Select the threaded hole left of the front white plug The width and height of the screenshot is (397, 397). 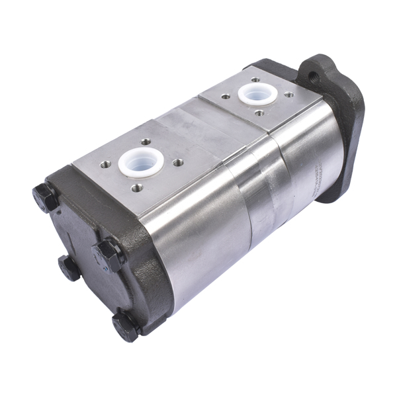click(x=105, y=165)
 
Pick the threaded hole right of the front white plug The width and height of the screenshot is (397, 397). click(x=177, y=162)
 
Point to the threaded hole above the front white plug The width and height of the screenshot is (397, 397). click(x=146, y=140)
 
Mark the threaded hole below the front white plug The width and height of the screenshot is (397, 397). click(x=136, y=188)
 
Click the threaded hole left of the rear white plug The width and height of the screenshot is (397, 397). click(x=226, y=97)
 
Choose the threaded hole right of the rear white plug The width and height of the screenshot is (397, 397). click(x=288, y=95)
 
